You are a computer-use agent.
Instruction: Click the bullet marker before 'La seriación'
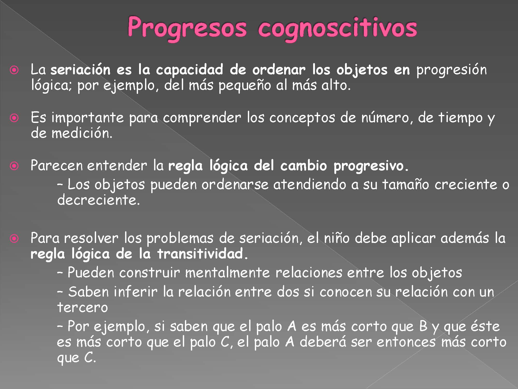[x=14, y=70]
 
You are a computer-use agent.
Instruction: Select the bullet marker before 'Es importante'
[x=14, y=118]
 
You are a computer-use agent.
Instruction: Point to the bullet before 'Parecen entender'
[x=14, y=166]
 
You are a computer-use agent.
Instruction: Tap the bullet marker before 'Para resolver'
[x=14, y=239]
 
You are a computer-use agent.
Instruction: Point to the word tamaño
[x=406, y=184]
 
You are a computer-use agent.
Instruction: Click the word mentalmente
[x=227, y=273]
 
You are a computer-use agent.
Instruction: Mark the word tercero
[x=82, y=308]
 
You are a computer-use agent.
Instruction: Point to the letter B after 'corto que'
[x=423, y=327]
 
